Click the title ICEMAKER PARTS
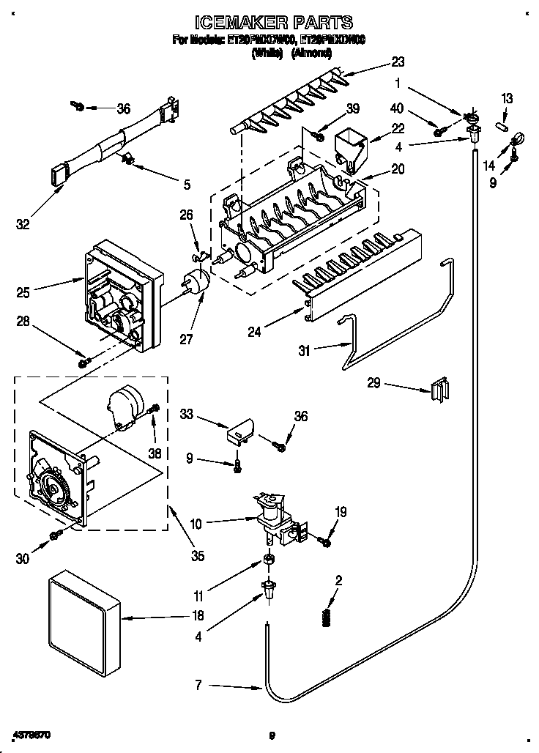[270, 23]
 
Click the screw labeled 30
[55, 538]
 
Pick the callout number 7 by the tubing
[197, 686]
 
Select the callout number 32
[23, 224]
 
